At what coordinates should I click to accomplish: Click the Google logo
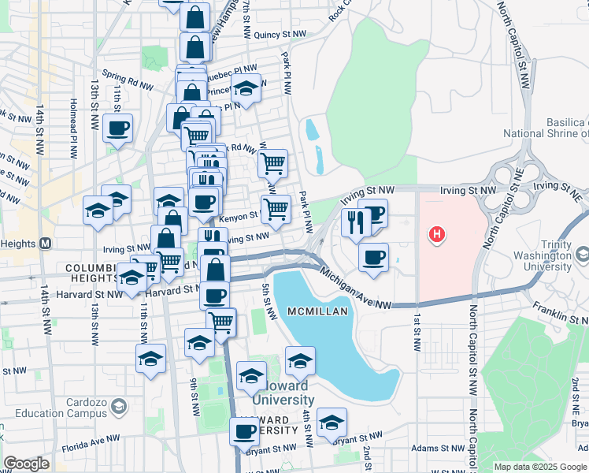click(x=26, y=464)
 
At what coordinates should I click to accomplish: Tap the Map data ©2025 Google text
click(x=540, y=467)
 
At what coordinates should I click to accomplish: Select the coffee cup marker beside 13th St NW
click(x=117, y=128)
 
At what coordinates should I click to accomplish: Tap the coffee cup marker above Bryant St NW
click(x=245, y=430)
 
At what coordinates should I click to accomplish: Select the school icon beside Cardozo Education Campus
click(x=119, y=407)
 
